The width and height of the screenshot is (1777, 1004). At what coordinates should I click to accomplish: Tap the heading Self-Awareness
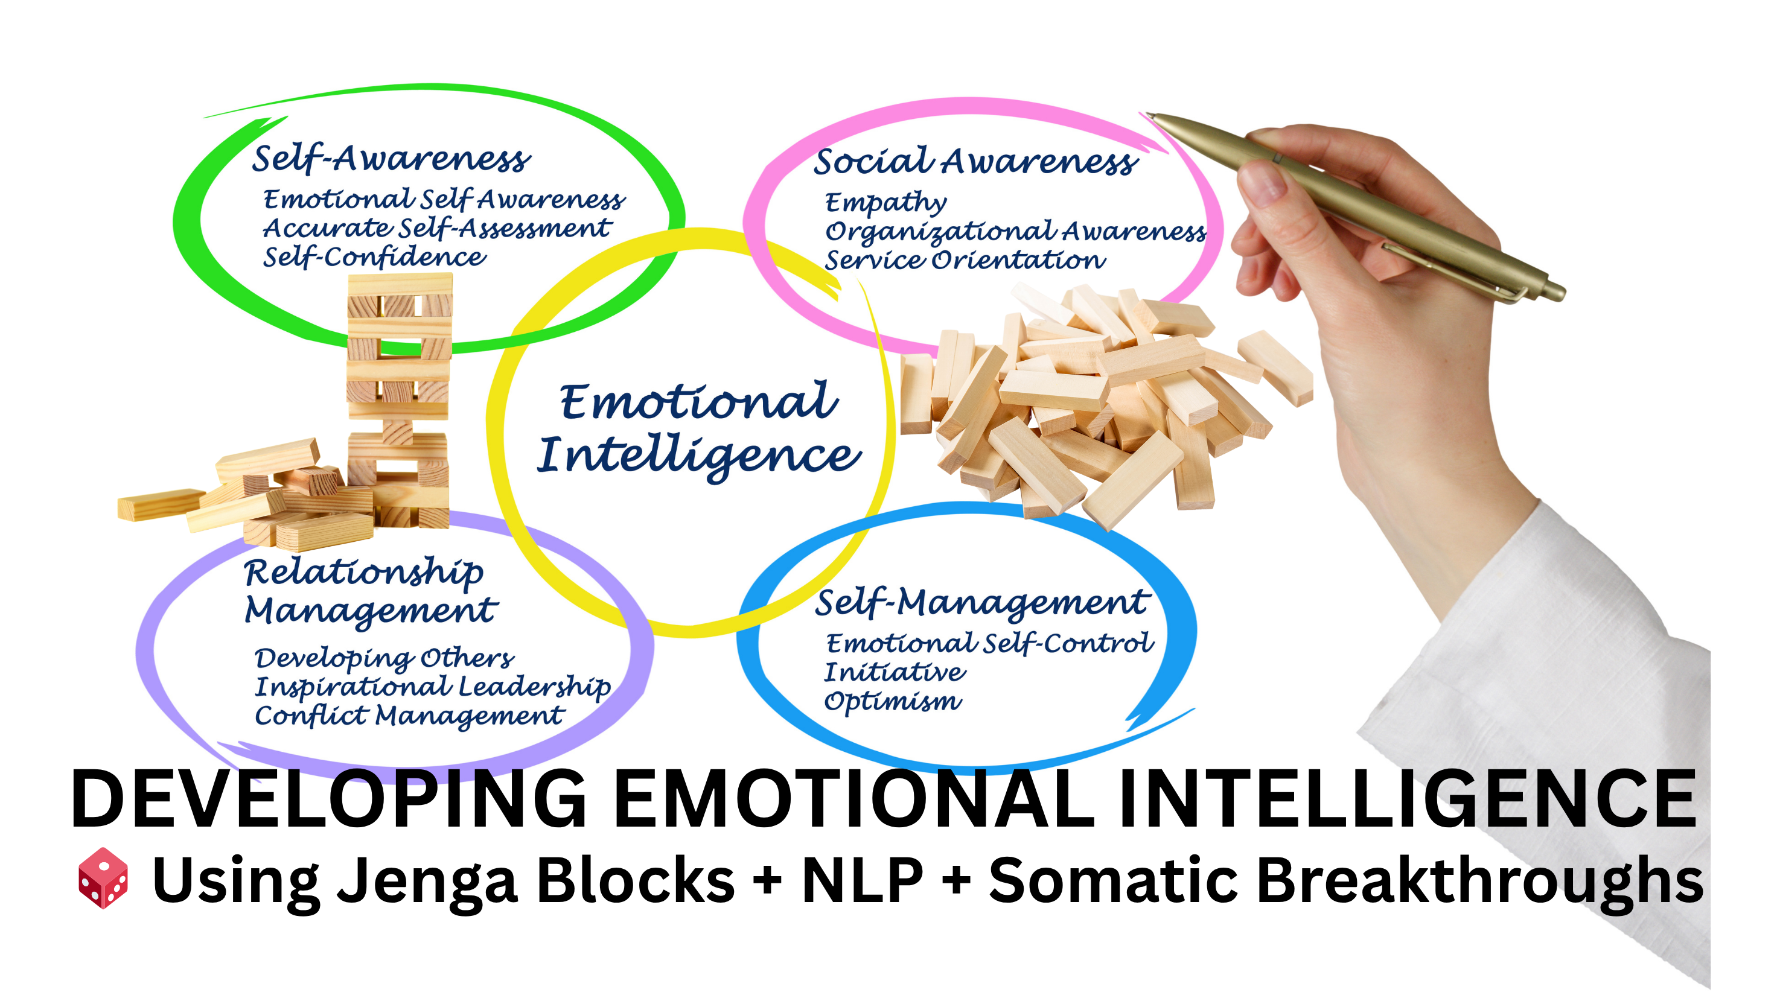(391, 159)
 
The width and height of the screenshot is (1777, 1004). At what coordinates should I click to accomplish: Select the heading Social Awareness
(975, 161)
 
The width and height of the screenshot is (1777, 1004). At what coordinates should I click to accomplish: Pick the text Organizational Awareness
(1015, 232)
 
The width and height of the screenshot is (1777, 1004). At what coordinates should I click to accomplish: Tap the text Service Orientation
(965, 261)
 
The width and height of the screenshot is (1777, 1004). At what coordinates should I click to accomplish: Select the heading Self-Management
(982, 603)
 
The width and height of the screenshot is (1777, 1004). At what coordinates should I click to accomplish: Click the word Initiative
(895, 672)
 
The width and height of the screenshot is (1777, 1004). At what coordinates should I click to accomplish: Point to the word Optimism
(893, 701)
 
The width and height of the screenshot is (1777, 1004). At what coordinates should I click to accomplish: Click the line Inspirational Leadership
(433, 687)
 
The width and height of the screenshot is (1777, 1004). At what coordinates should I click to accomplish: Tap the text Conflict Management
(410, 716)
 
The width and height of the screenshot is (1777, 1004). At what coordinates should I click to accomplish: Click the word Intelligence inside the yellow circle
(699, 457)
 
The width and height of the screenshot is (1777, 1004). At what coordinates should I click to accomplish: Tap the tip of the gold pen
(1148, 115)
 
